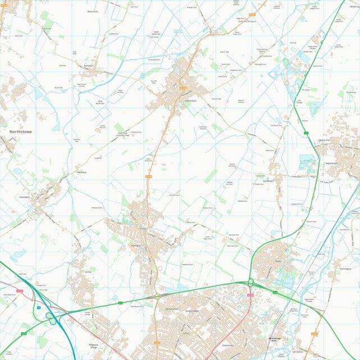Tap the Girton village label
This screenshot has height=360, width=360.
[88, 271]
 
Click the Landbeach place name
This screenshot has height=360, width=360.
[267, 181]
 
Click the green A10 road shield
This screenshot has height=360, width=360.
[307, 133]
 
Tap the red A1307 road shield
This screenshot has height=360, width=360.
[20, 290]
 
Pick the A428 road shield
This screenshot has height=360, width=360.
[24, 334]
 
